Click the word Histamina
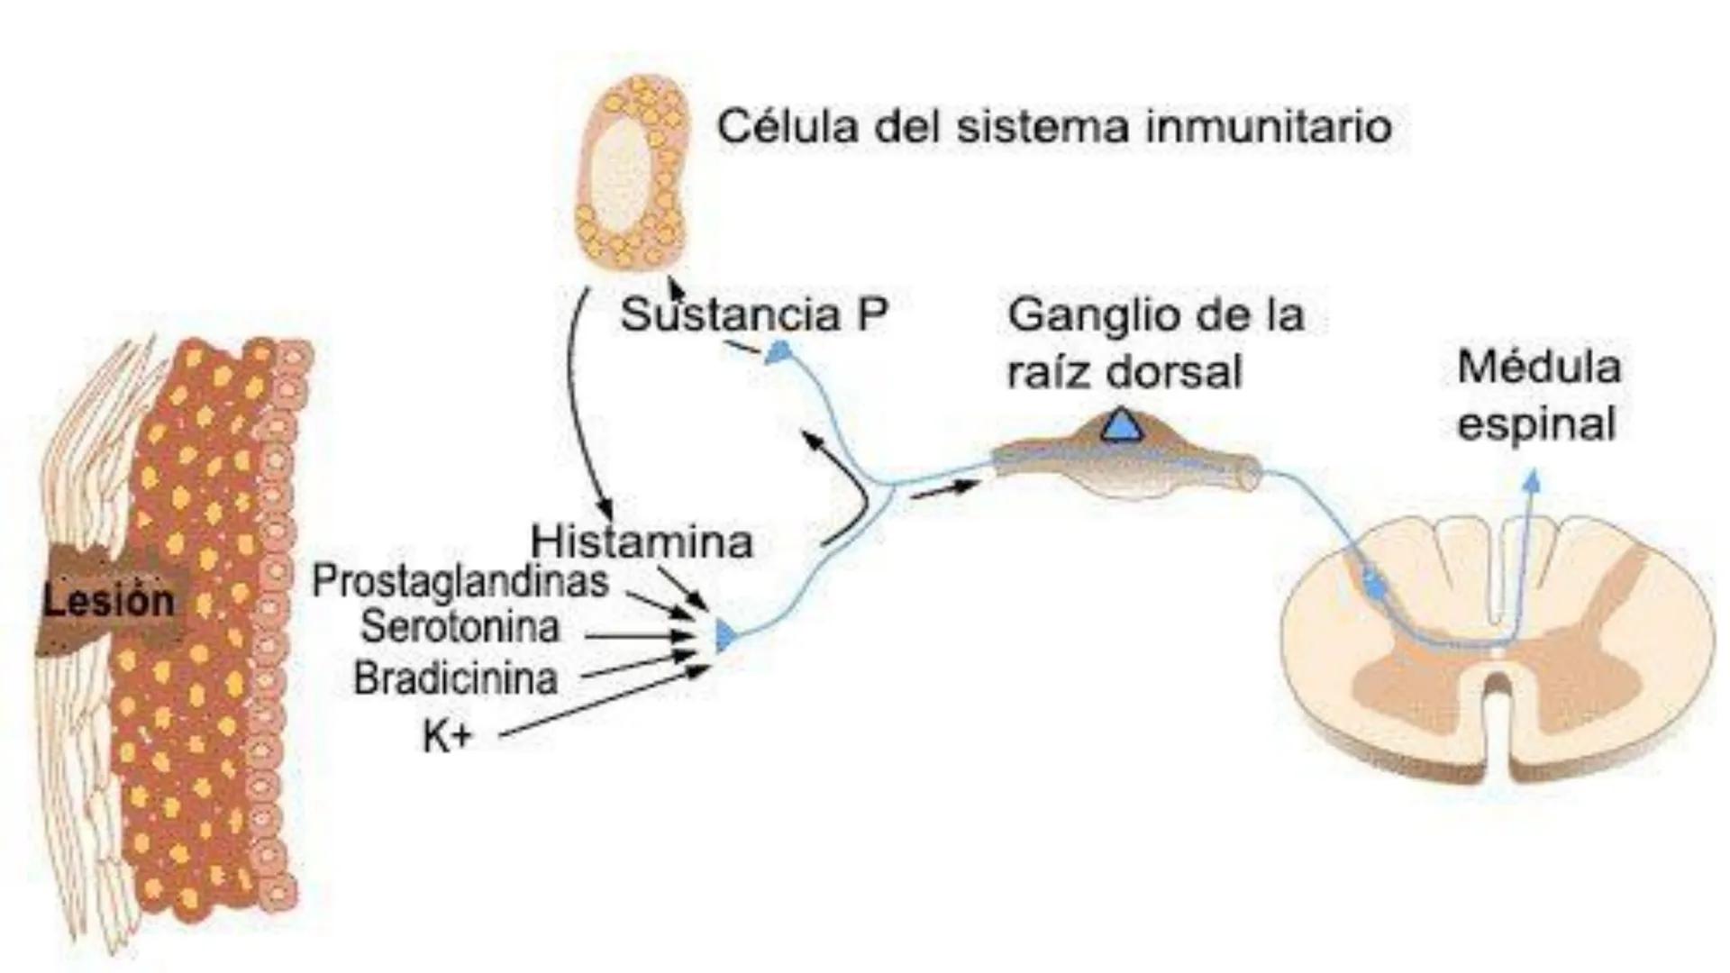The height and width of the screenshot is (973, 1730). [642, 541]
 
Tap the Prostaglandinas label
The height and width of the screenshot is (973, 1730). [460, 582]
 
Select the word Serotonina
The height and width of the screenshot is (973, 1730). [460, 627]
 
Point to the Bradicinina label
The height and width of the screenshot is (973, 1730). [455, 678]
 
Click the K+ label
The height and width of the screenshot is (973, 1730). [447, 737]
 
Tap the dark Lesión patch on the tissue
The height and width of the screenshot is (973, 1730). [109, 600]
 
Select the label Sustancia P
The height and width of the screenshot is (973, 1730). [754, 315]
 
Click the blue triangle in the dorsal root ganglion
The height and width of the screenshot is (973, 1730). [1123, 424]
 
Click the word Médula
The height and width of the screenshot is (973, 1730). [1539, 368]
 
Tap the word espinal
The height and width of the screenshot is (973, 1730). [1536, 424]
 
